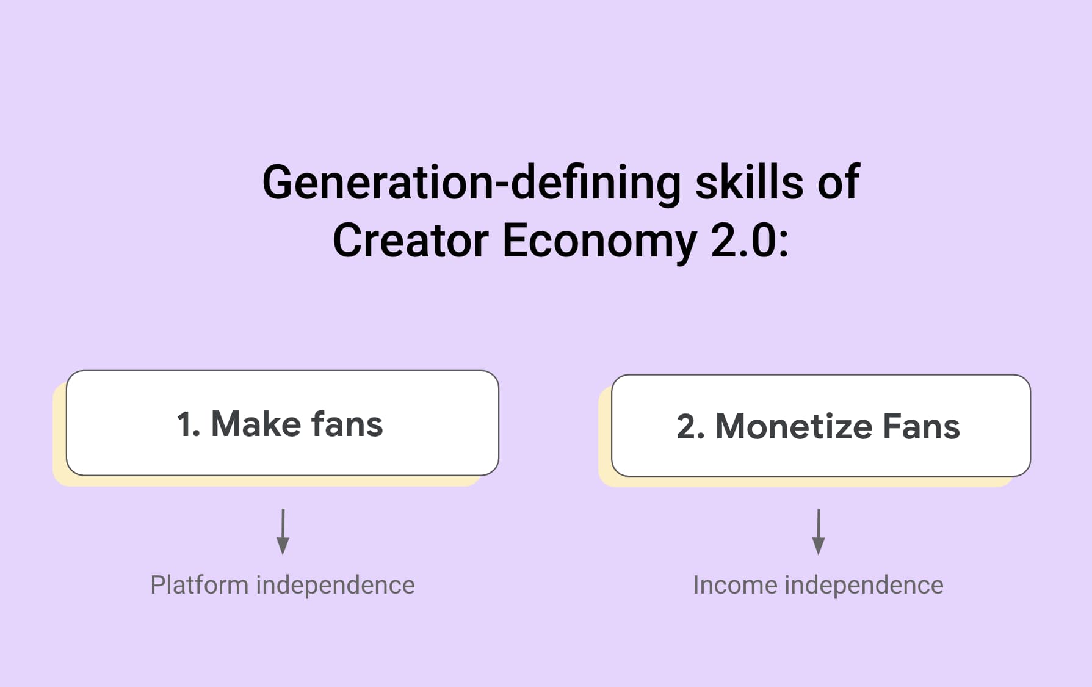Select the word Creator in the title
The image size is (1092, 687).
click(x=411, y=240)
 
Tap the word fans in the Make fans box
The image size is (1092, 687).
click(x=347, y=424)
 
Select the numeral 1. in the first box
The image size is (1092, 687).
click(x=189, y=424)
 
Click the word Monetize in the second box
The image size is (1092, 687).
click(x=793, y=426)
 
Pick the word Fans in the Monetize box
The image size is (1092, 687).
click(x=922, y=426)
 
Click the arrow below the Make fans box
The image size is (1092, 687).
click(x=283, y=532)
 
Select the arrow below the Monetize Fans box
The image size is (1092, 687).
click(x=819, y=532)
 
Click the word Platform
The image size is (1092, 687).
click(x=200, y=585)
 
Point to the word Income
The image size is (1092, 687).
click(x=735, y=585)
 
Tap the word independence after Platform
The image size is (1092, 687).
click(x=336, y=585)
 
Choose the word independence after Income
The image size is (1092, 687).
click(x=864, y=585)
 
